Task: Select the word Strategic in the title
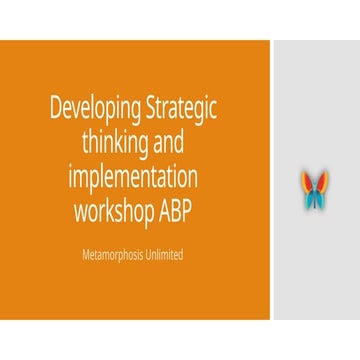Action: (183, 108)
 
